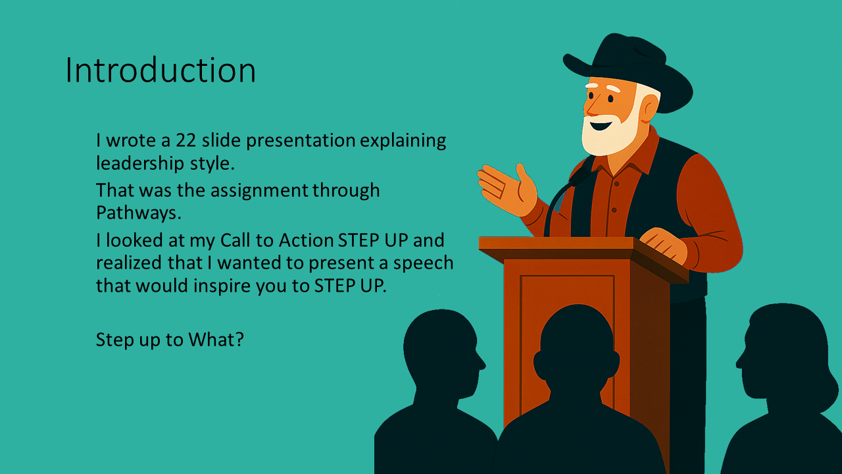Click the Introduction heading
pyautogui.click(x=161, y=70)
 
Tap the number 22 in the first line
pyautogui.click(x=186, y=140)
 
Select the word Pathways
pyautogui.click(x=139, y=213)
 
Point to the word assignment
pyautogui.click(x=259, y=190)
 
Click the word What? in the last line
pyautogui.click(x=216, y=339)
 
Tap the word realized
pyautogui.click(x=130, y=263)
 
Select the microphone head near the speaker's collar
pyautogui.click(x=581, y=176)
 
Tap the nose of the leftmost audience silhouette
pyautogui.click(x=482, y=363)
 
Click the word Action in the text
pyautogui.click(x=306, y=240)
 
